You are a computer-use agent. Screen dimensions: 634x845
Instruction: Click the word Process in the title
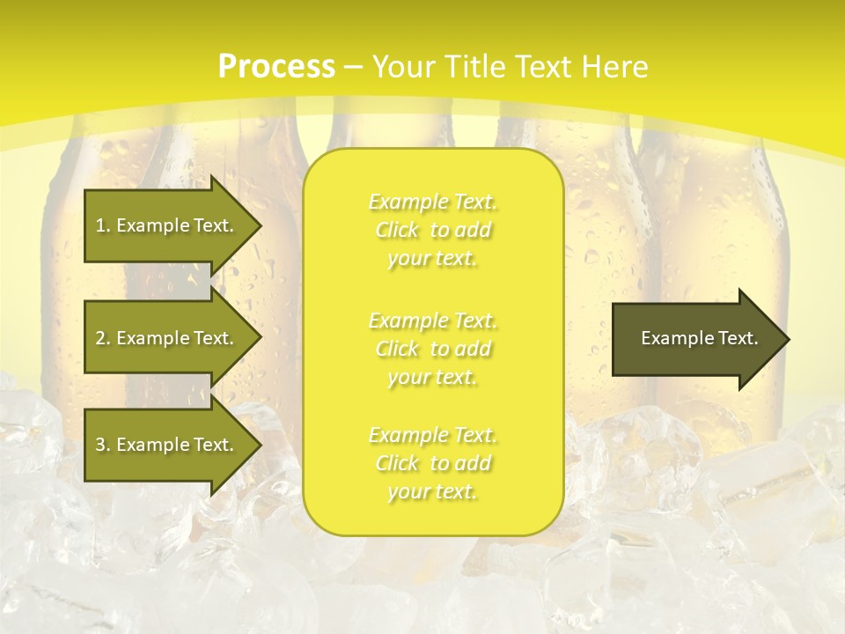pos(276,67)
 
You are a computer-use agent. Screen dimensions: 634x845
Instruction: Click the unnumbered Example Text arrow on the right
pos(695,338)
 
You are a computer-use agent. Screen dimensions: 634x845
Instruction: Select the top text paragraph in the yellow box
pos(432,230)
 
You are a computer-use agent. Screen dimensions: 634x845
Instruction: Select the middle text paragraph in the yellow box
pos(432,349)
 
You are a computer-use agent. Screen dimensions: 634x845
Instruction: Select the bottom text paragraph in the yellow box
pos(432,463)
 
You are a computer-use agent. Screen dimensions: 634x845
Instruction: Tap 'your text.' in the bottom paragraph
pos(432,492)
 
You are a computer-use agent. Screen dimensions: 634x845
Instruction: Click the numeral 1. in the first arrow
pos(102,225)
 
